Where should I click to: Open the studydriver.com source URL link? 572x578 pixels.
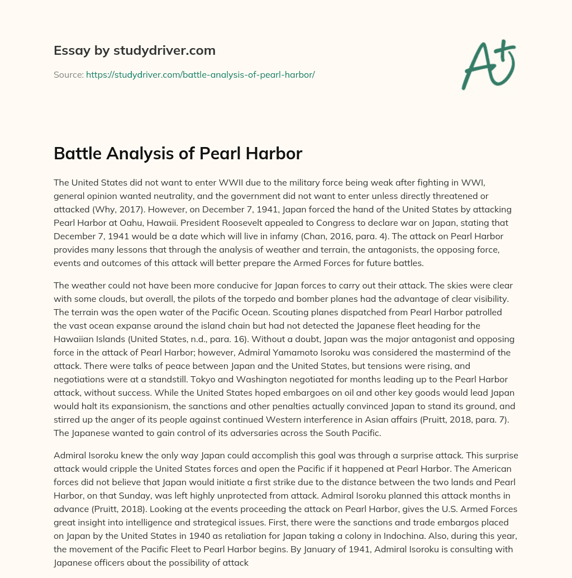pos(201,74)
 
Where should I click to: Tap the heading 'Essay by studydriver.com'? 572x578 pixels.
pos(135,51)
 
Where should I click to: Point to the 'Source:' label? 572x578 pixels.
pos(69,74)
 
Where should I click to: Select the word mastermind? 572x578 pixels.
pos(463,352)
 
